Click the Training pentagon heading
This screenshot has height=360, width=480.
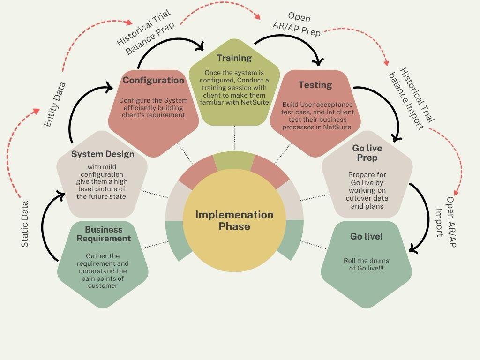234,58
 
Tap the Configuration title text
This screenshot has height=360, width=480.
153,80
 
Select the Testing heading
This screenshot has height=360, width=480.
315,85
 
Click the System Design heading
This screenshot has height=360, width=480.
103,154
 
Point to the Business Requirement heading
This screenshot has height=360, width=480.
104,234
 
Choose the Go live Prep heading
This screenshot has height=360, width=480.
367,153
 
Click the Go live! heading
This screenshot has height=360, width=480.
367,236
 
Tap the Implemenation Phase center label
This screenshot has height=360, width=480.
234,220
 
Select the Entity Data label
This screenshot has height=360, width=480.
55,104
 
